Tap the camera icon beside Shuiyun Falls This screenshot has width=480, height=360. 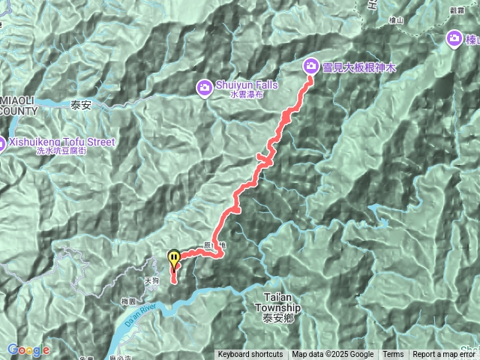(x=204, y=88)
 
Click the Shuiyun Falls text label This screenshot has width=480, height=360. (x=246, y=85)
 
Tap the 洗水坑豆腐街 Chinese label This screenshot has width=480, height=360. (x=61, y=151)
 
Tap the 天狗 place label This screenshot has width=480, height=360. (x=151, y=280)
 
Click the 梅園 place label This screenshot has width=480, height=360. (x=129, y=300)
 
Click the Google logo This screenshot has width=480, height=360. (x=28, y=349)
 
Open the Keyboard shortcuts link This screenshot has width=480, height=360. (x=250, y=355)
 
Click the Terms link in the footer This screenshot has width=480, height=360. (x=393, y=355)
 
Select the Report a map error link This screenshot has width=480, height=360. (x=445, y=355)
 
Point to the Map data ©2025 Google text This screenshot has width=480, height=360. (x=333, y=355)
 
